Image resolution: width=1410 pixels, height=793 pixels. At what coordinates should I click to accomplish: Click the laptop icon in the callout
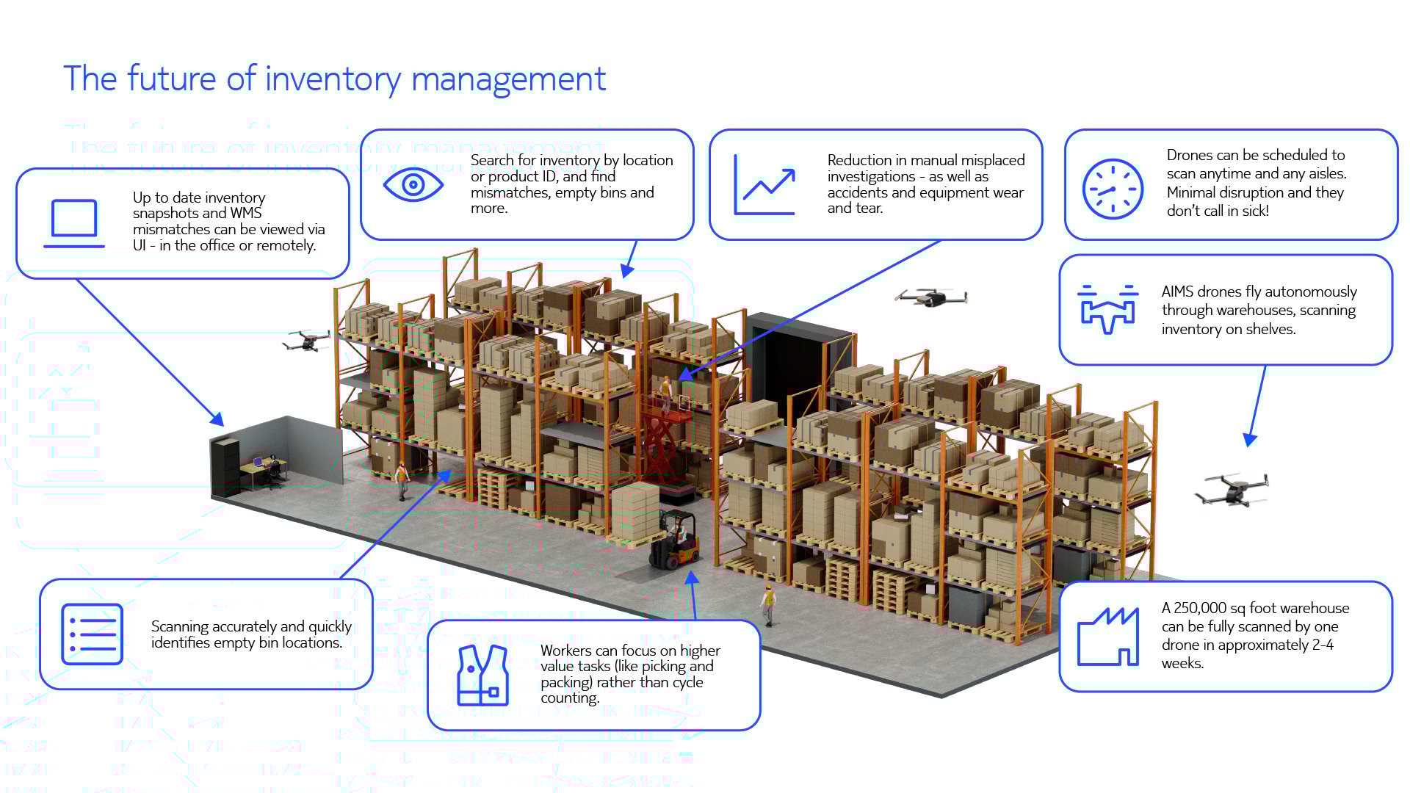74,223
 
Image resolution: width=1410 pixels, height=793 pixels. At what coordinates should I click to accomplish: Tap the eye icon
413,184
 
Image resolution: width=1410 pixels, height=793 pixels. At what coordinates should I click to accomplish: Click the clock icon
1113,189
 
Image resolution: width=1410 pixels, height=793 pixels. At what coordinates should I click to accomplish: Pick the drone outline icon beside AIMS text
1107,309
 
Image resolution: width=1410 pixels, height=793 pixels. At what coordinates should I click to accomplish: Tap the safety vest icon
482,676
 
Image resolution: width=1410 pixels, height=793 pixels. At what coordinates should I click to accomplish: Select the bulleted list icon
93,634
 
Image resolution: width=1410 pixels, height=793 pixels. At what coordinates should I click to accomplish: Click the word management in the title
508,79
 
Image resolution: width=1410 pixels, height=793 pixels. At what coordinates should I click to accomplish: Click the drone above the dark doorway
931,297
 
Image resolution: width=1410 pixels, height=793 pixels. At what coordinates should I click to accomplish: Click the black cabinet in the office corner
225,467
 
